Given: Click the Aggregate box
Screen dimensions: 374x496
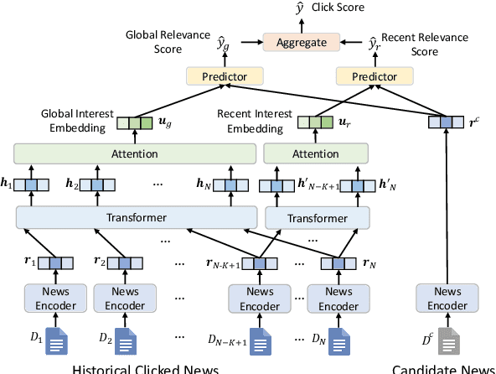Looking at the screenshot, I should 301,41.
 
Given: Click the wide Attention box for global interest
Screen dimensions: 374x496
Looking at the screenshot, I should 134,153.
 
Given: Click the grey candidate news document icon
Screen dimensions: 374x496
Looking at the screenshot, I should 449,341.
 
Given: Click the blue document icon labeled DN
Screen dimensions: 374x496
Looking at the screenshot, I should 338,341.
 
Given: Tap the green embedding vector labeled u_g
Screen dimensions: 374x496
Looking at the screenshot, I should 133,123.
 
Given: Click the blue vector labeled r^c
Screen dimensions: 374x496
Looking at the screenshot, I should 445,123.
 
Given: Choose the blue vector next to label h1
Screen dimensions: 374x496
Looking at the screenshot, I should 32,184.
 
